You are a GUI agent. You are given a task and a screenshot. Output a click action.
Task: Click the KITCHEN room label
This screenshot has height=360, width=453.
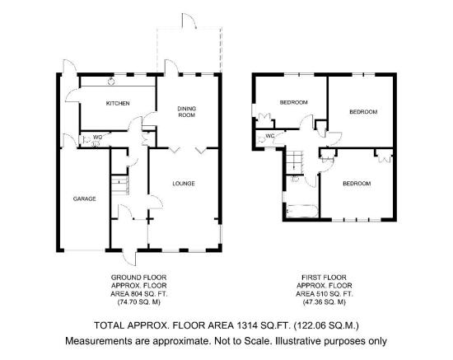118,103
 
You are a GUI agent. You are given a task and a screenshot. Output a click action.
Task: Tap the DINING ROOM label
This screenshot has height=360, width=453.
186,111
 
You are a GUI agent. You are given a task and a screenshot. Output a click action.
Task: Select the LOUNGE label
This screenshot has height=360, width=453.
184,184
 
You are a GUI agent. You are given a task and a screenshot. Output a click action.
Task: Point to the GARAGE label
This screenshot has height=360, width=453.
84,199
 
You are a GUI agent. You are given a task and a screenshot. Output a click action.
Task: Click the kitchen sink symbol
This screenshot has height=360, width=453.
111,82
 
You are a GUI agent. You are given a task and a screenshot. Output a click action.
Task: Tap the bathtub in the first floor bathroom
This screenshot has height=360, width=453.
302,211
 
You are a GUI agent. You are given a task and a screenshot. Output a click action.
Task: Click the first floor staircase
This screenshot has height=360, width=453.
295,162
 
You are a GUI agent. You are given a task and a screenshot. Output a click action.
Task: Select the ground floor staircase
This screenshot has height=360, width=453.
119,185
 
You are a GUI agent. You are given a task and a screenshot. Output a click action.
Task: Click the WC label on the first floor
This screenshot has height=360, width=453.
269,136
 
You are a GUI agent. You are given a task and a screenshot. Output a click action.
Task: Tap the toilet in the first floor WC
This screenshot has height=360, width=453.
261,139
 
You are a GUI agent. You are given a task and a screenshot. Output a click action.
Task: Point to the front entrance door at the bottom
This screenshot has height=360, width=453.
129,257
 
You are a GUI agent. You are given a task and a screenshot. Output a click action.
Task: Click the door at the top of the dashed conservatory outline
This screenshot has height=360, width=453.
189,21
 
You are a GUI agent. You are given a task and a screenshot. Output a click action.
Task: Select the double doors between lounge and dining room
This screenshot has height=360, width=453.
188,151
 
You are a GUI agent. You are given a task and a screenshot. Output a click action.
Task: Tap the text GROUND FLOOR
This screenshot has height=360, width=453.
139,278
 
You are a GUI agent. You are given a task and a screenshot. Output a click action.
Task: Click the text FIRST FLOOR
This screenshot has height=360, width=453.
324,278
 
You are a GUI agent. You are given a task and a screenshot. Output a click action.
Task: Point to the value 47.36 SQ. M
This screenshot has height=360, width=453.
324,302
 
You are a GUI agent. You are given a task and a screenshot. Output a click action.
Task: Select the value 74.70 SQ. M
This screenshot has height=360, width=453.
139,302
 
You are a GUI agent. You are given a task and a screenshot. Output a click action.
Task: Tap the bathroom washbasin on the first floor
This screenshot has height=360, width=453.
295,179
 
